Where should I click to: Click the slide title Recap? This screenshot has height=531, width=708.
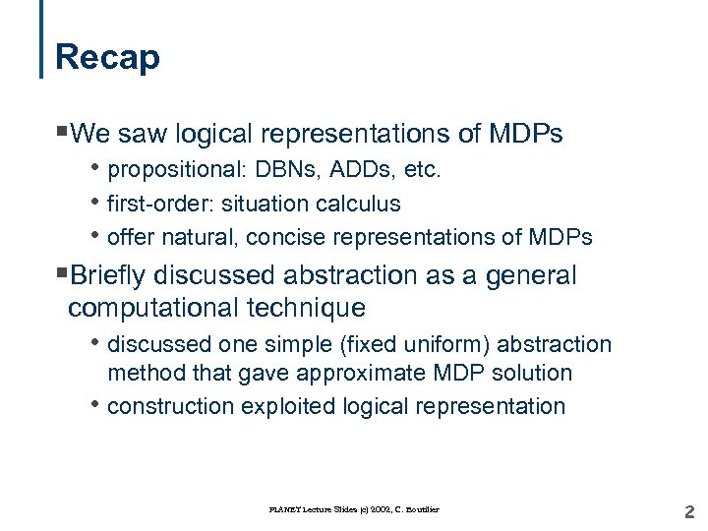point(107,57)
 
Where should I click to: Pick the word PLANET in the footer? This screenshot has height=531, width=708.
point(284,509)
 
